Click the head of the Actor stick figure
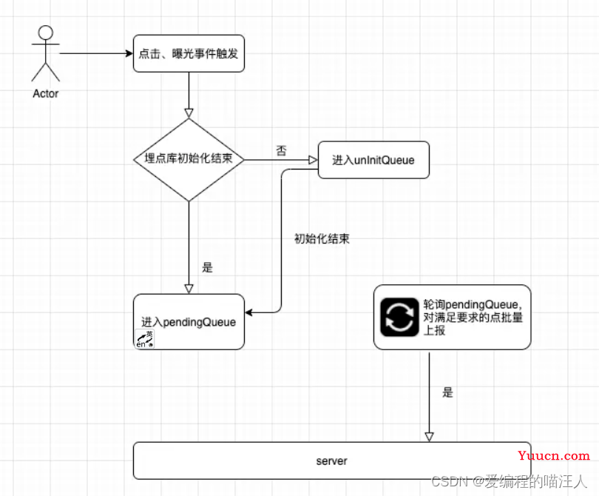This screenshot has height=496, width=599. point(45,33)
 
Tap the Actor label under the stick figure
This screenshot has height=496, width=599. point(45,94)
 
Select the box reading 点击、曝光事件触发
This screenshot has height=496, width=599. point(189,53)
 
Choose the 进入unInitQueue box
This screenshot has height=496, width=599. point(373,160)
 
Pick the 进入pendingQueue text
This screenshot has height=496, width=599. point(189,322)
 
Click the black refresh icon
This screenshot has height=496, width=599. point(399,317)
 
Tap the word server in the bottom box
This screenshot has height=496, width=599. point(331,461)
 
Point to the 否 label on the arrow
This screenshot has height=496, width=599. point(281,150)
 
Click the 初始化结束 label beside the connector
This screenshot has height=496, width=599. point(322,238)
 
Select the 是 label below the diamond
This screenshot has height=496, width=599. point(207,267)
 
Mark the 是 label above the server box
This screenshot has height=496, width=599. point(447,392)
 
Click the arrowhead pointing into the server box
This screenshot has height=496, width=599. point(429,437)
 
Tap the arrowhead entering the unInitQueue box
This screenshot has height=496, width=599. point(314,160)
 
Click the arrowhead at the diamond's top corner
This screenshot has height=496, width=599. point(189,113)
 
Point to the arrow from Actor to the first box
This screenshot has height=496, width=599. point(96,53)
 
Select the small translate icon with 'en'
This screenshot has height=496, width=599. point(144,339)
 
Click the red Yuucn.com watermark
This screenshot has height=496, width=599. point(554,455)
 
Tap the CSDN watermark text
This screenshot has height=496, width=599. point(509,481)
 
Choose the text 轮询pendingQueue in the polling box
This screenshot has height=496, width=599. point(472,305)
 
